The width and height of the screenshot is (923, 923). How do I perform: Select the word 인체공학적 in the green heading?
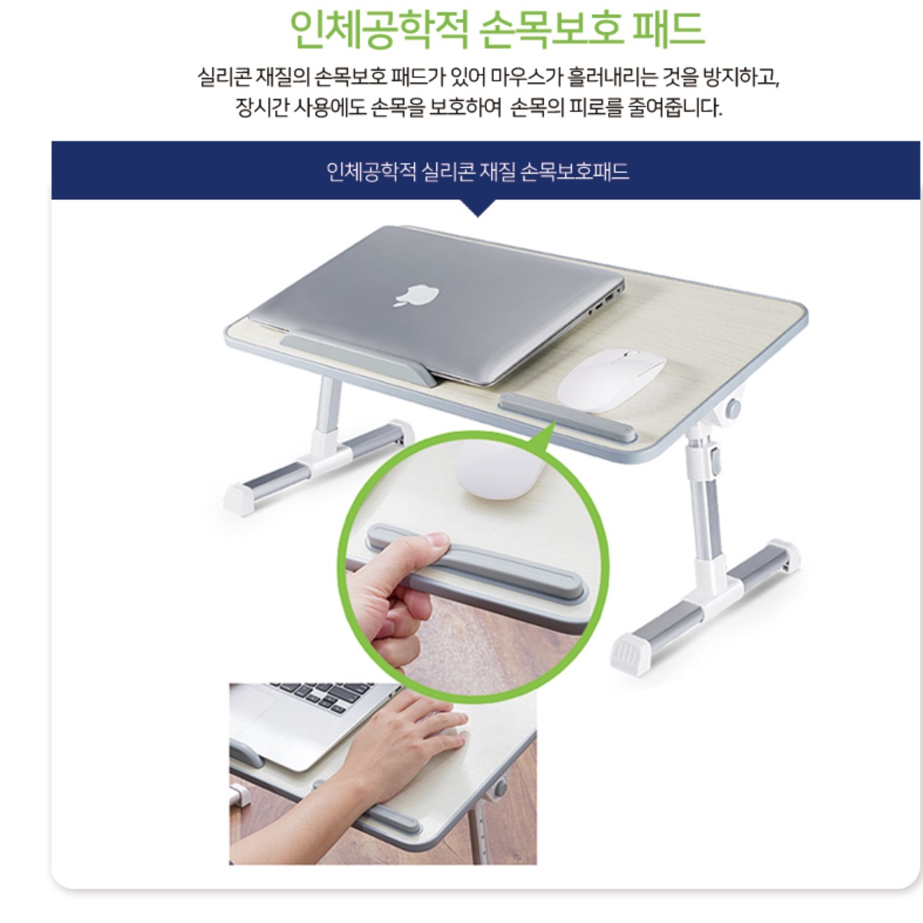(379, 30)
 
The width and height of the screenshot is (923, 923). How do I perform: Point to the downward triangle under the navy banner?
(478, 208)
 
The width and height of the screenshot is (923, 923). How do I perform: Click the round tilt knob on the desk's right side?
(735, 409)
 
